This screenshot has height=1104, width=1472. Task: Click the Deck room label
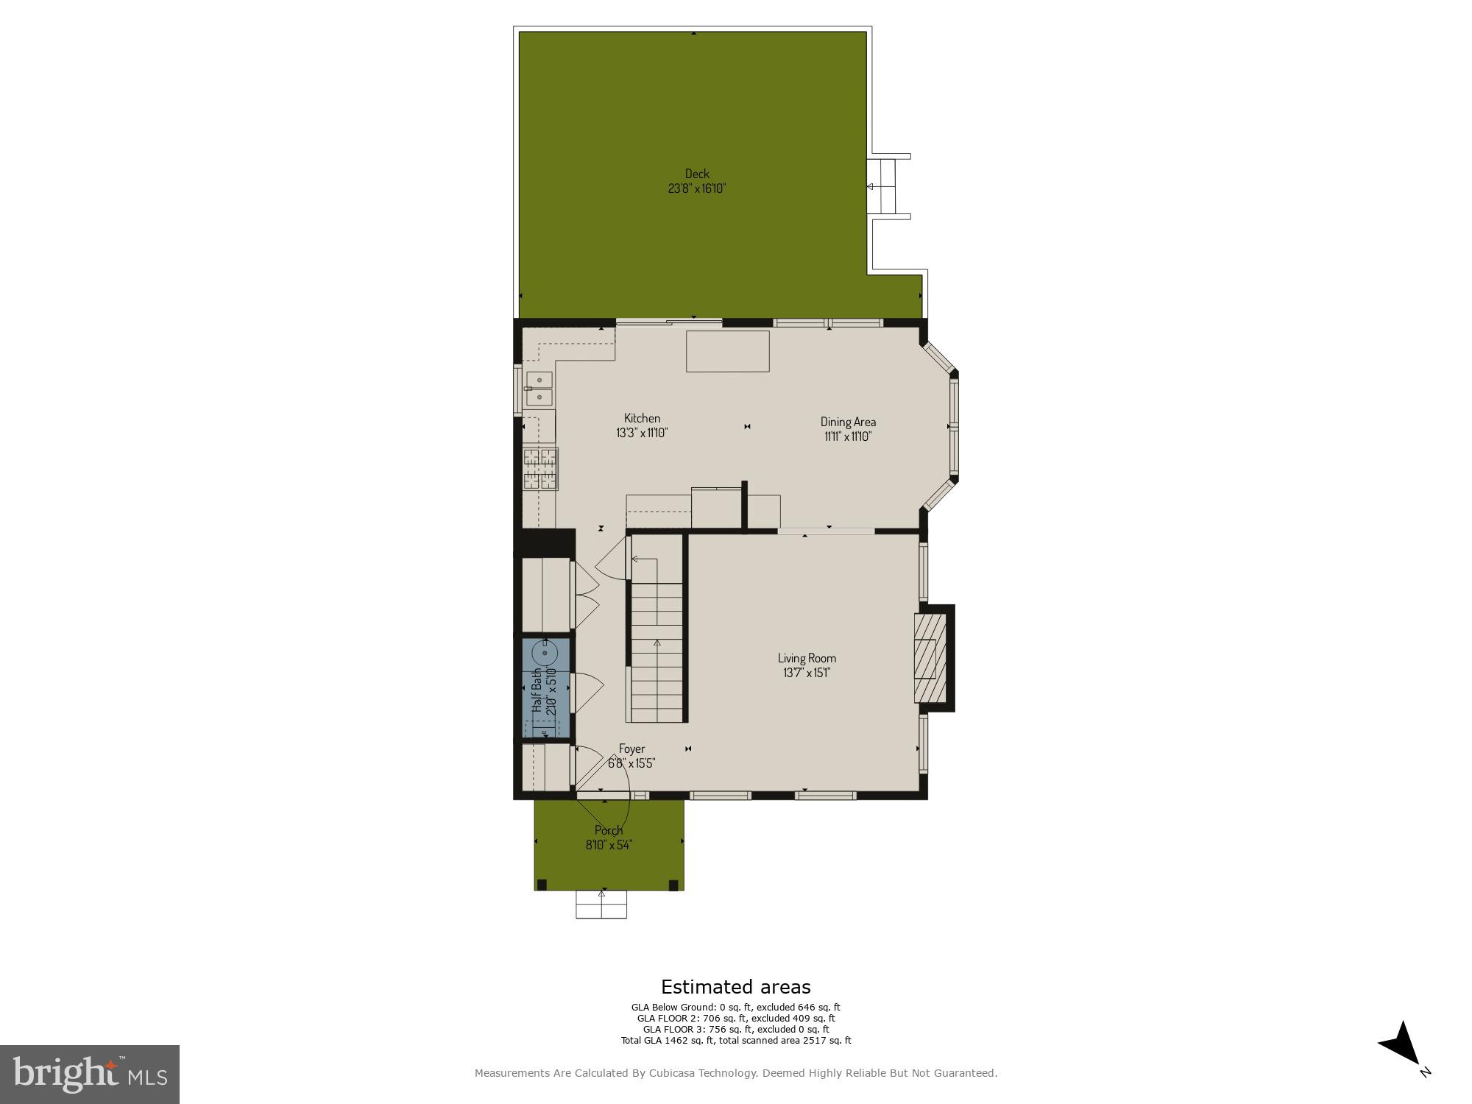[x=697, y=174]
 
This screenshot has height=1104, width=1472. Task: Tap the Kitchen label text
[x=642, y=418]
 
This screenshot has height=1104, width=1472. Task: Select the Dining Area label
[x=848, y=422]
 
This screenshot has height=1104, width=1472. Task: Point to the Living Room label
[x=807, y=658]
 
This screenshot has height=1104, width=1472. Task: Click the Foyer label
[x=631, y=749]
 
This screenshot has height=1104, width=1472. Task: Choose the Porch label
[x=609, y=830]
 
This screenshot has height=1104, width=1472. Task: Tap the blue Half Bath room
[x=545, y=688]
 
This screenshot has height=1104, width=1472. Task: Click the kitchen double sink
[x=539, y=389]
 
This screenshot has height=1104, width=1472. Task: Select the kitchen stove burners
[x=540, y=468]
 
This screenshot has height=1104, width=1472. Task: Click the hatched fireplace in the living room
[x=930, y=658]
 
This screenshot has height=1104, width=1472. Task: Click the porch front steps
[x=601, y=905]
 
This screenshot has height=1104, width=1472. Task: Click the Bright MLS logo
[x=90, y=1074]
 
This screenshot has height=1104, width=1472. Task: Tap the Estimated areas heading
[x=735, y=987]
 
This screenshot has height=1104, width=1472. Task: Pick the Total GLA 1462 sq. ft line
[x=735, y=1041]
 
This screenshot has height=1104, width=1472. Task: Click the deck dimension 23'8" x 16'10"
[x=697, y=188]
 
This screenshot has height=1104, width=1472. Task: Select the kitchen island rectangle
[x=728, y=351]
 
